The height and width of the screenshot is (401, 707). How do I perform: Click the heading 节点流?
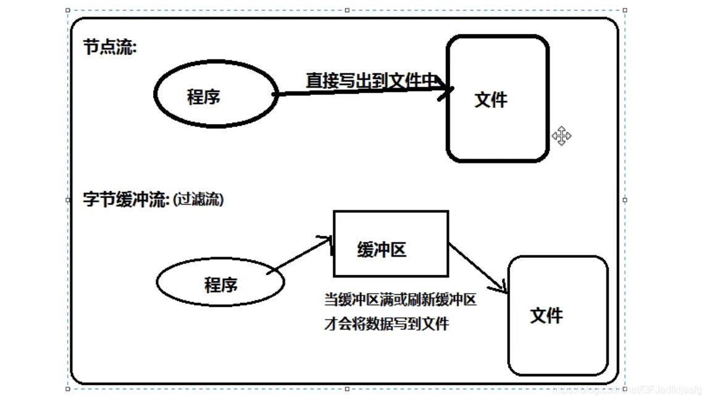109,48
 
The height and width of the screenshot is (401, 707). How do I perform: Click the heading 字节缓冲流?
126,200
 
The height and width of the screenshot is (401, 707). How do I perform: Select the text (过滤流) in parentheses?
198,200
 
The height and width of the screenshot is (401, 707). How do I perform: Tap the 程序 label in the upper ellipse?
204,97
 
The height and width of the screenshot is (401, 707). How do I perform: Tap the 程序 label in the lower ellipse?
220,284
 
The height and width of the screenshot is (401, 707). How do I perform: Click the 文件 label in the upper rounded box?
491,99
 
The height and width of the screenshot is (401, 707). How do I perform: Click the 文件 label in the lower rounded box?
546,316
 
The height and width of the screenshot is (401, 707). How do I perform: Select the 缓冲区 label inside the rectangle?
382,249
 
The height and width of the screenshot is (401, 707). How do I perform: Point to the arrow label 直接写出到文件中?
371,80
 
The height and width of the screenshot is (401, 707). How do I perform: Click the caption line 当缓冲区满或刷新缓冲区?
400,300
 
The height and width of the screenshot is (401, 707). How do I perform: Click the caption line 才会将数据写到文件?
387,323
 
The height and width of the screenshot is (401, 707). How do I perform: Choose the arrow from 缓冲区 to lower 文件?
477,267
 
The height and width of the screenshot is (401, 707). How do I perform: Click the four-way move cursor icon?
561,136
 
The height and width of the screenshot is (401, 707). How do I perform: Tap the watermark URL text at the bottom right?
627,390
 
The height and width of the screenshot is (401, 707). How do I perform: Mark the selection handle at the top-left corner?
68,10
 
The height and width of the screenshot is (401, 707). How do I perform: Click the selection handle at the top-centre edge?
347,10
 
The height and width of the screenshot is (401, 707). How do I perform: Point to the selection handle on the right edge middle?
625,200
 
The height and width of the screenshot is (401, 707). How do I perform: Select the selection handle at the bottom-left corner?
68,389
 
